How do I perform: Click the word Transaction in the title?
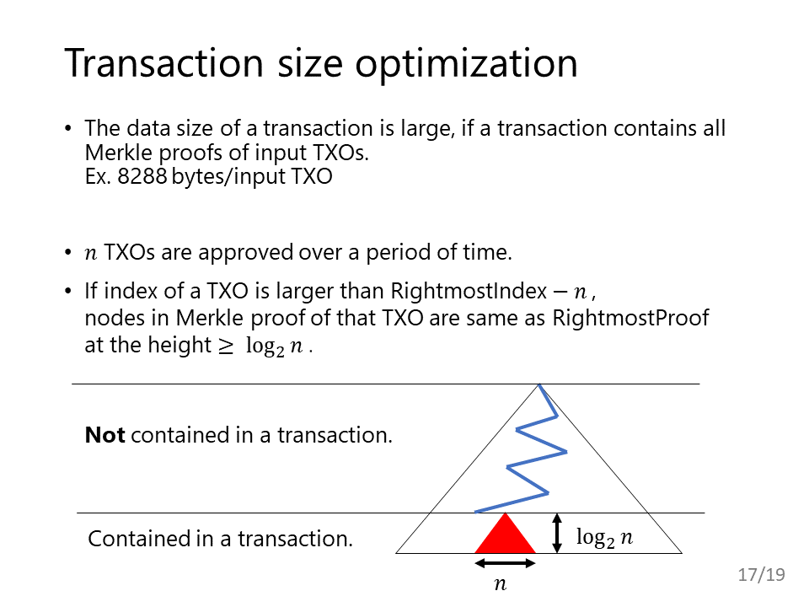[164, 63]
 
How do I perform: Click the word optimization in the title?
[466, 65]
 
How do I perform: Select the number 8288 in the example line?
[142, 176]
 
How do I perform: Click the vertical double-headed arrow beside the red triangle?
[557, 533]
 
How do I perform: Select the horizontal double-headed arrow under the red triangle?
[505, 563]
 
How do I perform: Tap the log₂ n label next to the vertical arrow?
[604, 538]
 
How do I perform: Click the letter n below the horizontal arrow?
[500, 584]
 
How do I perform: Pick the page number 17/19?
[762, 574]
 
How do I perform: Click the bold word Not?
[104, 435]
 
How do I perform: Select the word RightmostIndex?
[469, 291]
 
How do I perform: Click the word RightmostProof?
[630, 318]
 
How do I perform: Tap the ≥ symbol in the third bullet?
[226, 346]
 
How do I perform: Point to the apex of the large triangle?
[539, 384]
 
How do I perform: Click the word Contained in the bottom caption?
[139, 539]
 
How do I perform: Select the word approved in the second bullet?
[245, 252]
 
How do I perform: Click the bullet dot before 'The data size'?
[68, 127]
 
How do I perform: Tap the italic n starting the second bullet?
[91, 254]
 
